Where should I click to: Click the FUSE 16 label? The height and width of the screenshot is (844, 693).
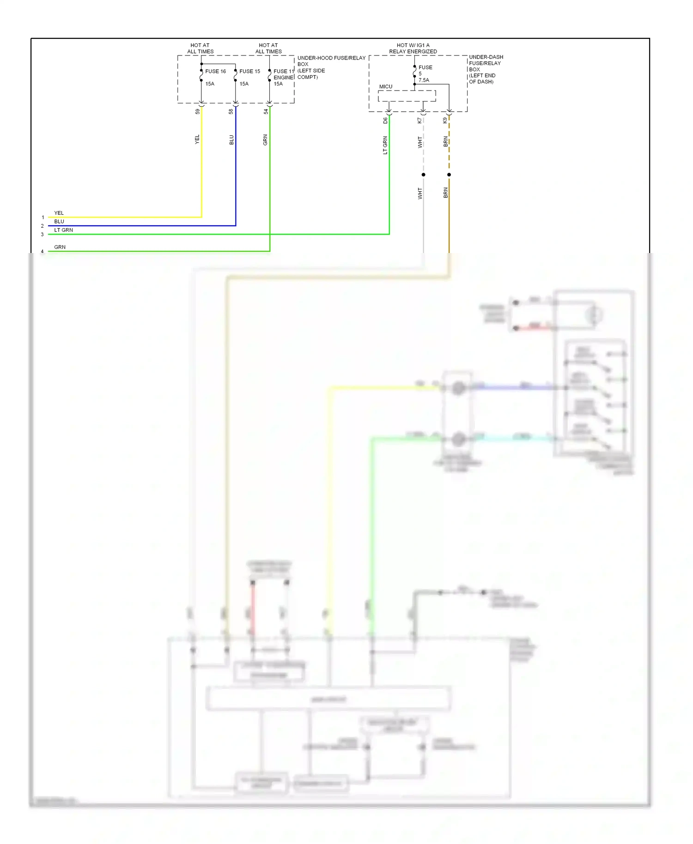(x=215, y=71)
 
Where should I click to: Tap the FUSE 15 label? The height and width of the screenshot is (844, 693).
(x=249, y=71)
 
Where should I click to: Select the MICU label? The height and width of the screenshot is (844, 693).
(x=385, y=86)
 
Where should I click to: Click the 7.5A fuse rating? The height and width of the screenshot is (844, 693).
(x=424, y=80)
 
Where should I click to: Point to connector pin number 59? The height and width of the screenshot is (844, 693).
(x=198, y=111)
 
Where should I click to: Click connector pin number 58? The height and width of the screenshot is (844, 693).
(x=231, y=111)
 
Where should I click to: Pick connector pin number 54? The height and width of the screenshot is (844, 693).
(x=266, y=111)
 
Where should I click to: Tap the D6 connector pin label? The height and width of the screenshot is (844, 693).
(x=385, y=121)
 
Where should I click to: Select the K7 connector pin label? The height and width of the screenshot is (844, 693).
(x=419, y=121)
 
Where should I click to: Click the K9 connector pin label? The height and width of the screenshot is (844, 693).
(x=445, y=121)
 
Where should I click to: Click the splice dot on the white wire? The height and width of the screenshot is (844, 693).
(x=423, y=175)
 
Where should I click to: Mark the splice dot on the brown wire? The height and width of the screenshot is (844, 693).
(x=449, y=175)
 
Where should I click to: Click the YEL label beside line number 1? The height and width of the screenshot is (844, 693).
(x=59, y=213)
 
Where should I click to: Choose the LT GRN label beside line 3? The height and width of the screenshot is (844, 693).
(x=63, y=230)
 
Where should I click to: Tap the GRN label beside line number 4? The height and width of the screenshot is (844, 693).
(x=60, y=247)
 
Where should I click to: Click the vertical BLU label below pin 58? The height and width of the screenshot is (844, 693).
(x=231, y=140)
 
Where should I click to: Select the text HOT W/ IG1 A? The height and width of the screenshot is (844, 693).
(x=413, y=45)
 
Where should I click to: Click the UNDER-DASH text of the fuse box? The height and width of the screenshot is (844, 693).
(x=486, y=57)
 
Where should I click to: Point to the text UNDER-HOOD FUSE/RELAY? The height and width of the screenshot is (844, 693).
(x=331, y=58)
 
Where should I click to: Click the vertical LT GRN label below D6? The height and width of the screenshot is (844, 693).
(x=385, y=145)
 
